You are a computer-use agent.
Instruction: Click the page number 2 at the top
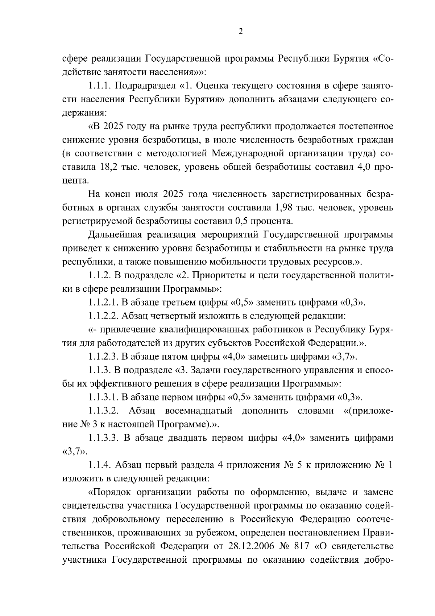240,32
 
